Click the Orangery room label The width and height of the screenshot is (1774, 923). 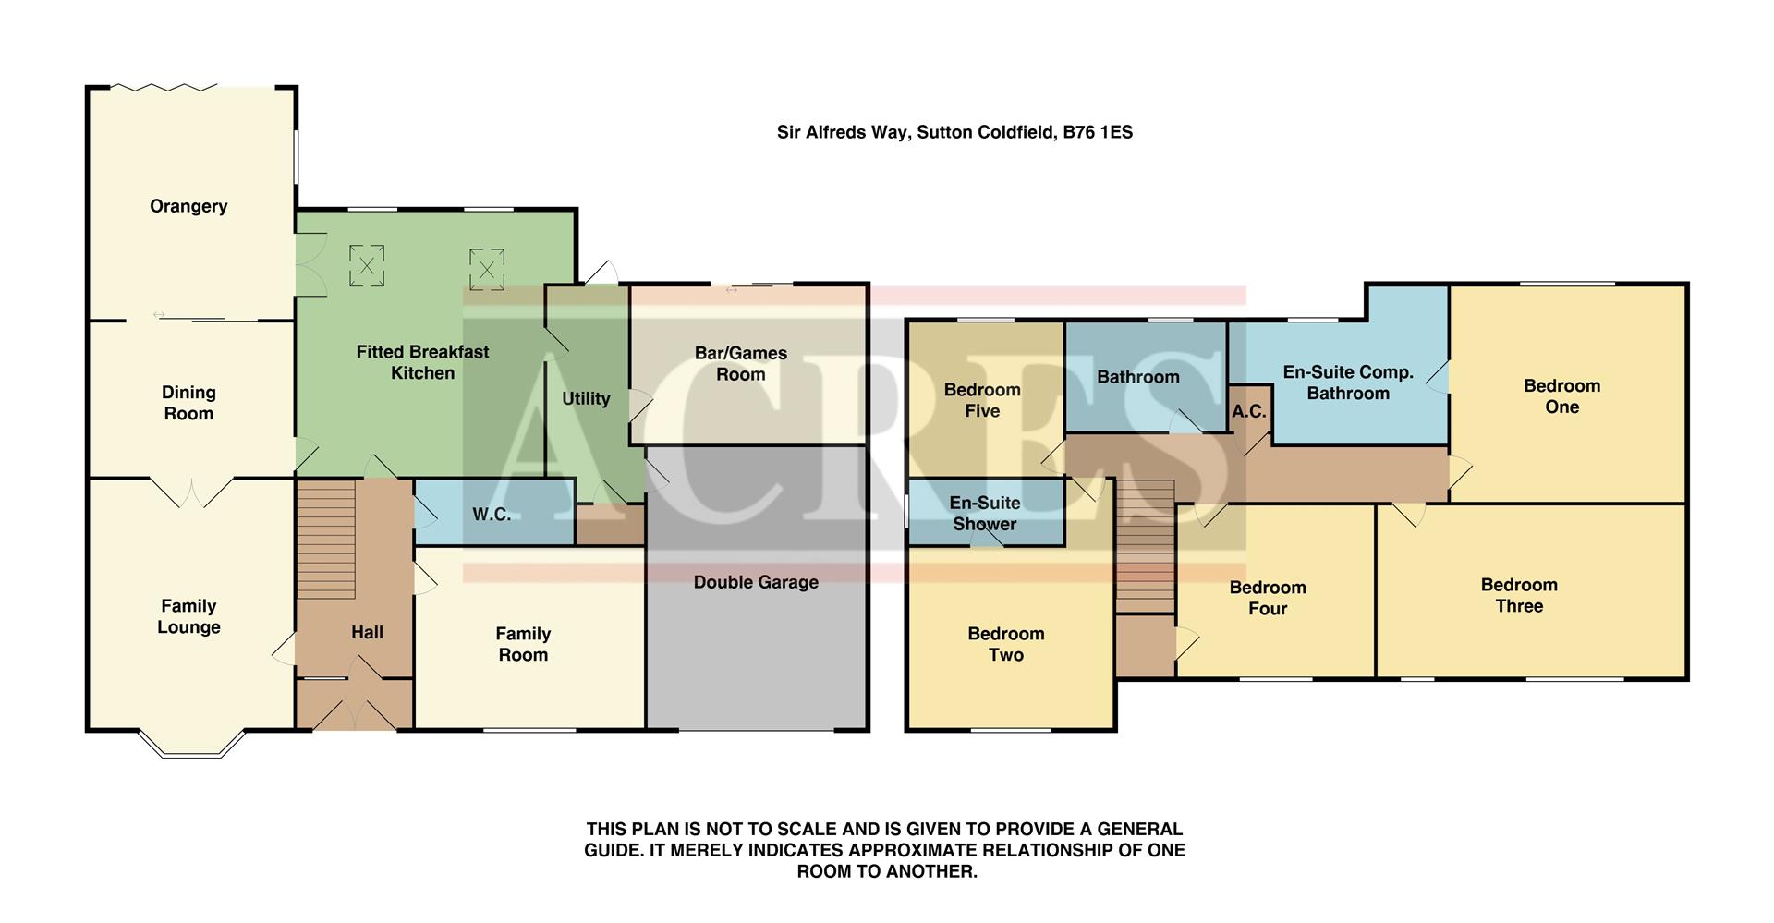188,206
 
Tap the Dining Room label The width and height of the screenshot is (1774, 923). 188,403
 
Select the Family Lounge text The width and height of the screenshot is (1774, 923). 188,616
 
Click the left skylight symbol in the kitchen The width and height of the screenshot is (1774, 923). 367,266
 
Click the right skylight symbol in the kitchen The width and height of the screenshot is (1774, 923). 486,269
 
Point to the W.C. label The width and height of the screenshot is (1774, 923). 492,515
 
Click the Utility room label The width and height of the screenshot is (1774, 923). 586,398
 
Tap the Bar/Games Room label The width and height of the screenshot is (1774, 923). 740,363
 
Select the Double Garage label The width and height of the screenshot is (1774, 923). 756,582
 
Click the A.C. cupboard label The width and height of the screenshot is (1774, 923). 1248,412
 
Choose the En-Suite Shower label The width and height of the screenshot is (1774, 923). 985,513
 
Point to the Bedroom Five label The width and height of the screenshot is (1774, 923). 982,400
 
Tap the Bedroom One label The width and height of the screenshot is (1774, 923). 1561,396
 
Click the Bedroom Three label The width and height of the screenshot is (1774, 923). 1519,595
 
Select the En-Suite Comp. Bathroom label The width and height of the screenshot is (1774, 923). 1348,383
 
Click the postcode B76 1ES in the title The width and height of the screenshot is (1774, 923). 1098,132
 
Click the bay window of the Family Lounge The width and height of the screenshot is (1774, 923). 191,746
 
